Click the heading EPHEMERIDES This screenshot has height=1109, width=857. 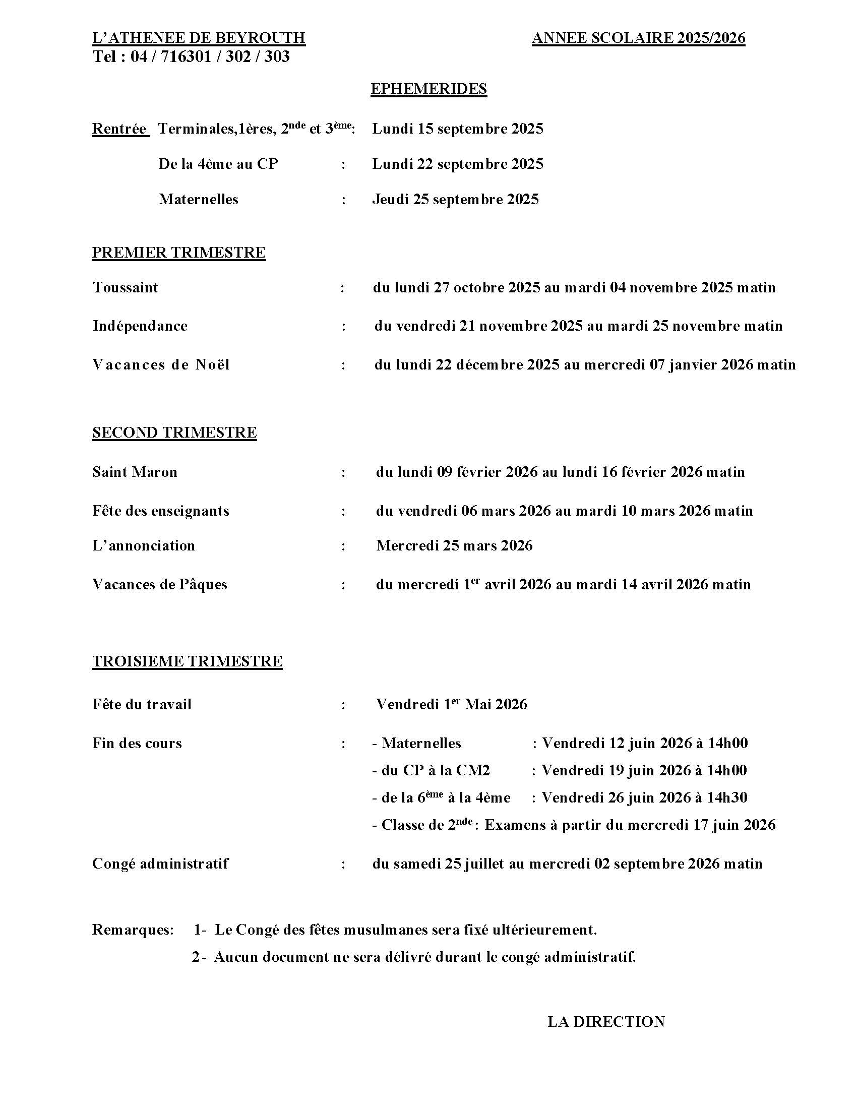(428, 89)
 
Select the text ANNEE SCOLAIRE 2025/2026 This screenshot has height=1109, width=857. (638, 38)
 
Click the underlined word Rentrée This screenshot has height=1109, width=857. (120, 129)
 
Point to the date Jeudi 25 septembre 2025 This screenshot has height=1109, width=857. (455, 199)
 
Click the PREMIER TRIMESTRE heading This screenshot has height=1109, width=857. (179, 253)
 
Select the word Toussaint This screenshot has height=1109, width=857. (126, 288)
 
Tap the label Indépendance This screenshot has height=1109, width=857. (140, 326)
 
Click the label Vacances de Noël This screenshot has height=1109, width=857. (161, 364)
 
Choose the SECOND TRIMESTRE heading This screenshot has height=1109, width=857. (174, 432)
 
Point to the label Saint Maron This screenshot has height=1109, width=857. (135, 472)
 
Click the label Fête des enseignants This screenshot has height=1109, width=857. (160, 511)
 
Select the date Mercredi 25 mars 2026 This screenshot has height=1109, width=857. (454, 546)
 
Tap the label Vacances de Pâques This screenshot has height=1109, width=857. (159, 584)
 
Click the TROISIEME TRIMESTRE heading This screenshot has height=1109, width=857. (187, 661)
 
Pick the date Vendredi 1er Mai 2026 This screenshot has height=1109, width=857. (451, 704)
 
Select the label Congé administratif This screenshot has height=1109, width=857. (160, 864)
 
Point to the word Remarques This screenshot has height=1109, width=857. (133, 930)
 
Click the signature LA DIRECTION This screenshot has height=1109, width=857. (605, 1022)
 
